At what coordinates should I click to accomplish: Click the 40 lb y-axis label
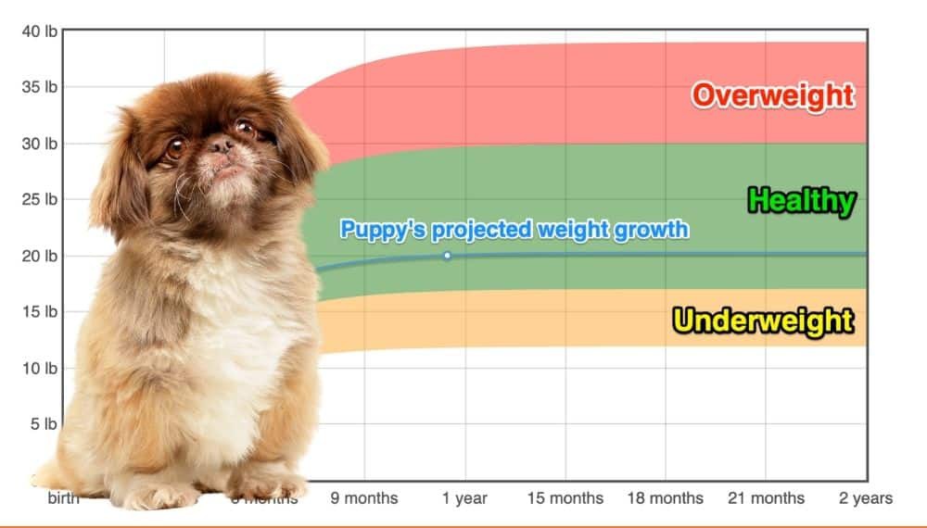(x=39, y=31)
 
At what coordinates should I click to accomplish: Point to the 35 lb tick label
(x=39, y=88)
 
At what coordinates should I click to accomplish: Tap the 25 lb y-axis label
(x=39, y=200)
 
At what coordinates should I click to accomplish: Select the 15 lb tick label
(x=39, y=312)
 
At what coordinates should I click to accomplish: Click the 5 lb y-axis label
(x=44, y=424)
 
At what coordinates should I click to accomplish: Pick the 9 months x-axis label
(x=364, y=498)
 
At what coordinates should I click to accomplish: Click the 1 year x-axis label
(x=464, y=498)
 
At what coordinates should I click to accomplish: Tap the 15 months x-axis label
(x=565, y=498)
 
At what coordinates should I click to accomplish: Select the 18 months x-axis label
(x=665, y=498)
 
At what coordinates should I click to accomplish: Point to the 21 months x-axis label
(x=765, y=498)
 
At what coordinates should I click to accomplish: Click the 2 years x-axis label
(x=866, y=498)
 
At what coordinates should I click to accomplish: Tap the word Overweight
(x=772, y=95)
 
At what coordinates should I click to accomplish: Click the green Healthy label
(x=801, y=200)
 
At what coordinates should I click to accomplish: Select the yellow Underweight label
(x=762, y=321)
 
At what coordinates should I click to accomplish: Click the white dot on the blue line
(x=447, y=256)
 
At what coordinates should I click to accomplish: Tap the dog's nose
(x=220, y=146)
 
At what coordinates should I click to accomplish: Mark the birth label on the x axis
(x=64, y=498)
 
